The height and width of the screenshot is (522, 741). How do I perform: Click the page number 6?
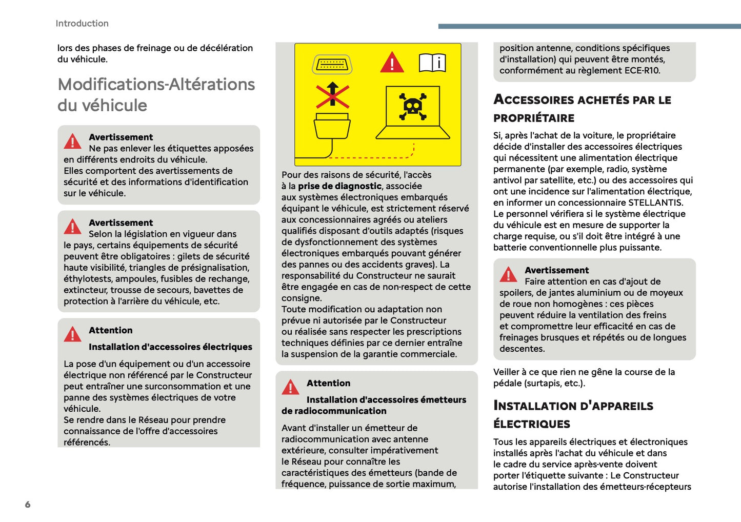click(28, 505)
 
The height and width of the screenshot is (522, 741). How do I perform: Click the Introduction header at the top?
click(82, 24)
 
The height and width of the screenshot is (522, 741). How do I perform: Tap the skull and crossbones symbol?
click(412, 106)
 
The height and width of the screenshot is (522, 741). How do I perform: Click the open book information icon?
click(432, 63)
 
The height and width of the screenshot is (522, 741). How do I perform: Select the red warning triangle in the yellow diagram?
click(392, 63)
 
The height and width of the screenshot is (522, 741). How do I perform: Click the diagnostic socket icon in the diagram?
click(332, 64)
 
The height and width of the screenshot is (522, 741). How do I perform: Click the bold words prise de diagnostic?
click(339, 186)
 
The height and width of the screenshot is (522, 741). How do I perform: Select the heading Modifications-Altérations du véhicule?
click(156, 94)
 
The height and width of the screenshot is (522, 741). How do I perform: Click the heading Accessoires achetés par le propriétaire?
click(582, 108)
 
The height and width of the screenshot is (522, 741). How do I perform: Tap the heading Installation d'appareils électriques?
click(573, 414)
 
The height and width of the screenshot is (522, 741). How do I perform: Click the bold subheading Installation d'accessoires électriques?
click(170, 347)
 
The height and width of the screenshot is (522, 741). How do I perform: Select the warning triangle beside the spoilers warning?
click(508, 275)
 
